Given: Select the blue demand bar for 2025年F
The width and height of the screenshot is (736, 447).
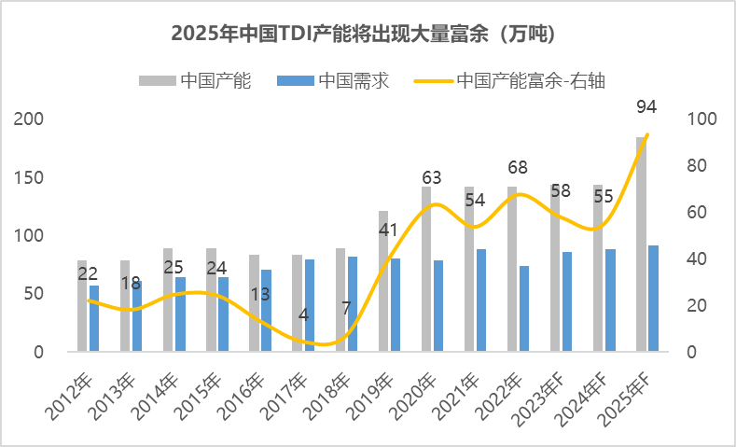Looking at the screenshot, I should (653, 299).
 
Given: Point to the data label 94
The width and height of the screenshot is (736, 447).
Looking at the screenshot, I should (646, 106).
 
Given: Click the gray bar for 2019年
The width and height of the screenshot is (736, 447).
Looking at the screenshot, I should (383, 281).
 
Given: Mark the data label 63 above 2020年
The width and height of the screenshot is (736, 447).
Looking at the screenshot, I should (432, 177).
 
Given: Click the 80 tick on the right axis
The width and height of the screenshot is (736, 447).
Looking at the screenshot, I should (698, 165).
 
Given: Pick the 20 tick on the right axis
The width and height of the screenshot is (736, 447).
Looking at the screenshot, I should (698, 305).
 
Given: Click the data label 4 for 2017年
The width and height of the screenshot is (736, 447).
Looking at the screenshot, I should (303, 314).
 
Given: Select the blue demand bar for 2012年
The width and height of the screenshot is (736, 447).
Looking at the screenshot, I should (94, 318).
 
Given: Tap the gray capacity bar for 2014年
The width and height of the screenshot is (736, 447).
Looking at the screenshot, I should (168, 300).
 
